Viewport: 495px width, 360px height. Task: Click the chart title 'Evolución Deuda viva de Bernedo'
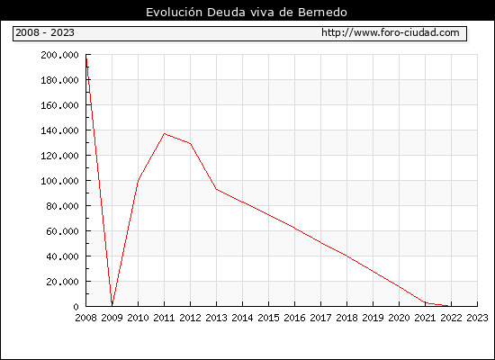coord(247,13)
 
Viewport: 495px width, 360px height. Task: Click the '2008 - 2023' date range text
coord(45,32)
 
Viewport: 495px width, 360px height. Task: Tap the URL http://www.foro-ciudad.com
coord(391,32)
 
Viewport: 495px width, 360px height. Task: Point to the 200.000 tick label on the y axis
coord(59,55)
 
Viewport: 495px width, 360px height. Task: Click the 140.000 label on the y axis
coord(59,130)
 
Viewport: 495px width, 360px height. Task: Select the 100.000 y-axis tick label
coord(59,181)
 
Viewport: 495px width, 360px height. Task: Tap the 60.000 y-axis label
coord(62,231)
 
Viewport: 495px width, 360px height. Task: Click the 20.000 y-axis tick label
coord(62,282)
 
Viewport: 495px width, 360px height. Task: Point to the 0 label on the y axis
coord(76,307)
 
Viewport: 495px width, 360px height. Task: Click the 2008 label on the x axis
coord(85,318)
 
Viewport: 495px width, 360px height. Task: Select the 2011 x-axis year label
coord(164,318)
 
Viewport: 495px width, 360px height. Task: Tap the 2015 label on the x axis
coord(269,318)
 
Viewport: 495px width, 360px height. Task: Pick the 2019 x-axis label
coord(373,318)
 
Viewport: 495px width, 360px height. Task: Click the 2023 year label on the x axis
coord(477,318)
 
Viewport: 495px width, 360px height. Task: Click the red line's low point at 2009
coord(112,304)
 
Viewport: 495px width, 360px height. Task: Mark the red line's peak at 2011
coord(164,133)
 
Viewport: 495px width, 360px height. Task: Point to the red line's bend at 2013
coord(217,189)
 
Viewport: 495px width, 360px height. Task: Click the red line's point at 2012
coord(191,144)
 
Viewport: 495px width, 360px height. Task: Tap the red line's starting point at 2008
coord(86,58)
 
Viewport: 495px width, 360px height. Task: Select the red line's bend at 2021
coord(425,302)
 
